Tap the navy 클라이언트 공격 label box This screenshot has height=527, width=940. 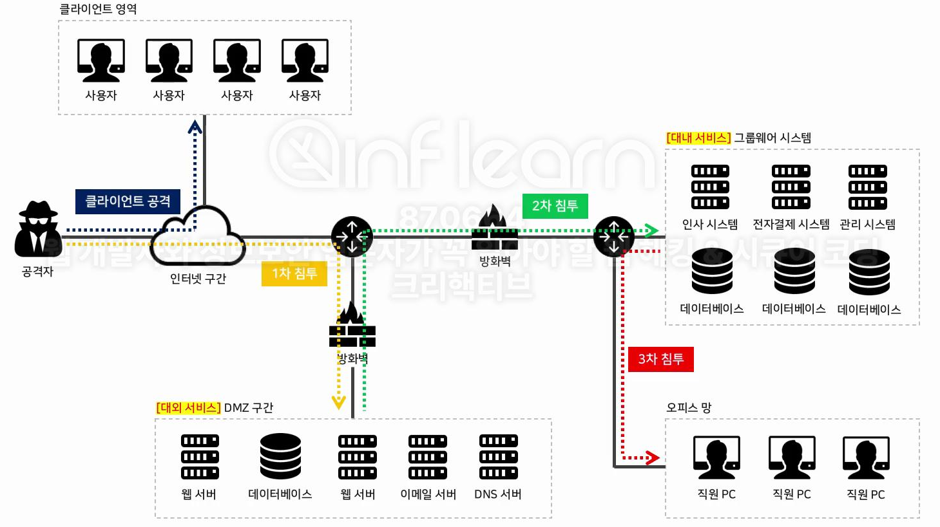tap(128, 201)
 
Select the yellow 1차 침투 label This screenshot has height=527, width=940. tap(294, 273)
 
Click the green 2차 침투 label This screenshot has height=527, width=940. tap(555, 206)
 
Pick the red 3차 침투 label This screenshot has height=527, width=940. tap(660, 359)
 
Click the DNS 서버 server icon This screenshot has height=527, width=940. tap(498, 457)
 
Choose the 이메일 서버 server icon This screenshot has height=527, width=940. tap(428, 457)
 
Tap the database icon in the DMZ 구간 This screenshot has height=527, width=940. tap(280, 456)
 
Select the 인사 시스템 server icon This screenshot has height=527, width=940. tap(710, 187)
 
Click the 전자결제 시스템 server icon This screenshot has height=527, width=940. tap(791, 187)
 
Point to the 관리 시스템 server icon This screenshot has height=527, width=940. tap(867, 187)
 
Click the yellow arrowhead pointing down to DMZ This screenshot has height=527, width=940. tap(339, 403)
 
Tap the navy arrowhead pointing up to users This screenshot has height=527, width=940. tap(195, 127)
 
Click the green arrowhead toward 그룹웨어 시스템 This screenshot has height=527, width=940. tap(652, 230)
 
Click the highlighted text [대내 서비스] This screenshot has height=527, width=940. tap(698, 138)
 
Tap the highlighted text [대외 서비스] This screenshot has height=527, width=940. tap(188, 407)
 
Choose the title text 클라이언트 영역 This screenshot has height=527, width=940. tap(98, 9)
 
